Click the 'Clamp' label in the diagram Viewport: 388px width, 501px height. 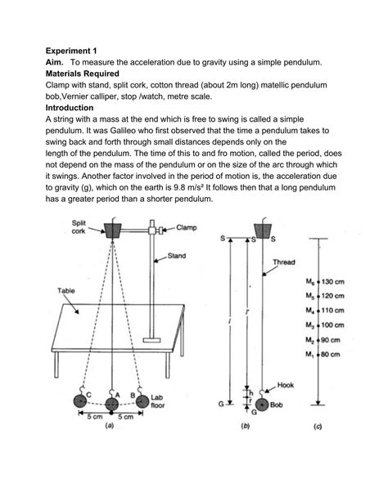(x=190, y=228)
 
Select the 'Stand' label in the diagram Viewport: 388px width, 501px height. (x=177, y=256)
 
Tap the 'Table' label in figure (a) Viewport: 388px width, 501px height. (x=66, y=290)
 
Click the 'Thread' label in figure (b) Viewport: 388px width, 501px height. (x=283, y=262)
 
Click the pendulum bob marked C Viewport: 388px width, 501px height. (x=81, y=400)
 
